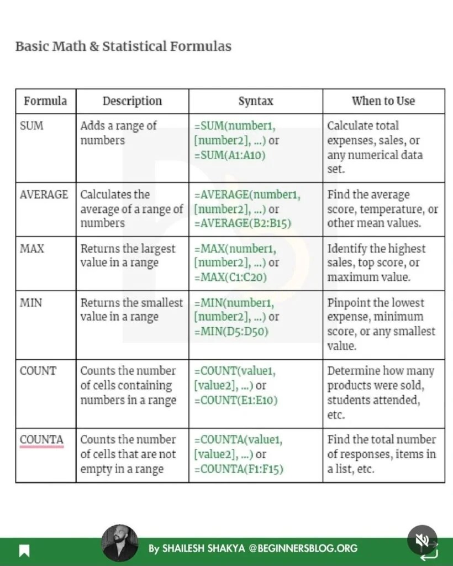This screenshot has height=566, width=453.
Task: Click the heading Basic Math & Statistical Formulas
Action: (123, 46)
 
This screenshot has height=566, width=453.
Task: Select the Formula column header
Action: (45, 101)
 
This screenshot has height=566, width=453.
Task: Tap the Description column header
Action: (132, 101)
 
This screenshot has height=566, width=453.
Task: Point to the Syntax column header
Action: (256, 101)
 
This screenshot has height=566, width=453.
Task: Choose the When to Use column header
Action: (383, 101)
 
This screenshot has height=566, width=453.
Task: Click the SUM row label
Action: (31, 126)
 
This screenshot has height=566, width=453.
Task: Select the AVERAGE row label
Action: (44, 195)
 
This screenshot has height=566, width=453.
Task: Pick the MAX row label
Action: (32, 249)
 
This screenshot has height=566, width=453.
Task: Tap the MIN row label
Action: (31, 303)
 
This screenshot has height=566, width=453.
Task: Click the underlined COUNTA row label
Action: (42, 440)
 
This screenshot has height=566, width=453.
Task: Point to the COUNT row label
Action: (38, 371)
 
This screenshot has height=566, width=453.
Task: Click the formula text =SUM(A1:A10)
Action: (230, 155)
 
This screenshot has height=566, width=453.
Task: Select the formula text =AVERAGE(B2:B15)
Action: (243, 223)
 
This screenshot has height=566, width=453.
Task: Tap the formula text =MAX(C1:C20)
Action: (231, 277)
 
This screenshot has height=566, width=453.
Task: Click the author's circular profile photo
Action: (120, 543)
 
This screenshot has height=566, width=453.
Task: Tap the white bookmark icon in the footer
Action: (24, 551)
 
